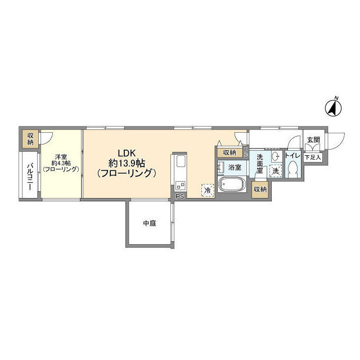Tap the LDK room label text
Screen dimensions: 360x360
point(125,152)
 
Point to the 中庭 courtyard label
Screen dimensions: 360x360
point(149,223)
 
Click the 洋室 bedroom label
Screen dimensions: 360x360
point(61,157)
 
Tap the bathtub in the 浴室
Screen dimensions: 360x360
point(231,185)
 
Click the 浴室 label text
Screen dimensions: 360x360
point(235,168)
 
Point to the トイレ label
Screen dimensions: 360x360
point(292,155)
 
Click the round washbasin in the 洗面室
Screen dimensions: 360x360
point(275,156)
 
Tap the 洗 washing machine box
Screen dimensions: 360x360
point(276,170)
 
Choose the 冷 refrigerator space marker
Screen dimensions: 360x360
point(208,191)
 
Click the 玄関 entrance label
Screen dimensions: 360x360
point(313,140)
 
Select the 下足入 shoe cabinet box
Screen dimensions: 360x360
point(312,157)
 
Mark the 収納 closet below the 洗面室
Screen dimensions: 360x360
point(259,190)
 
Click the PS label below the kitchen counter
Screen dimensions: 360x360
point(179,196)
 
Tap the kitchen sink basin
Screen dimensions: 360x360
point(180,163)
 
